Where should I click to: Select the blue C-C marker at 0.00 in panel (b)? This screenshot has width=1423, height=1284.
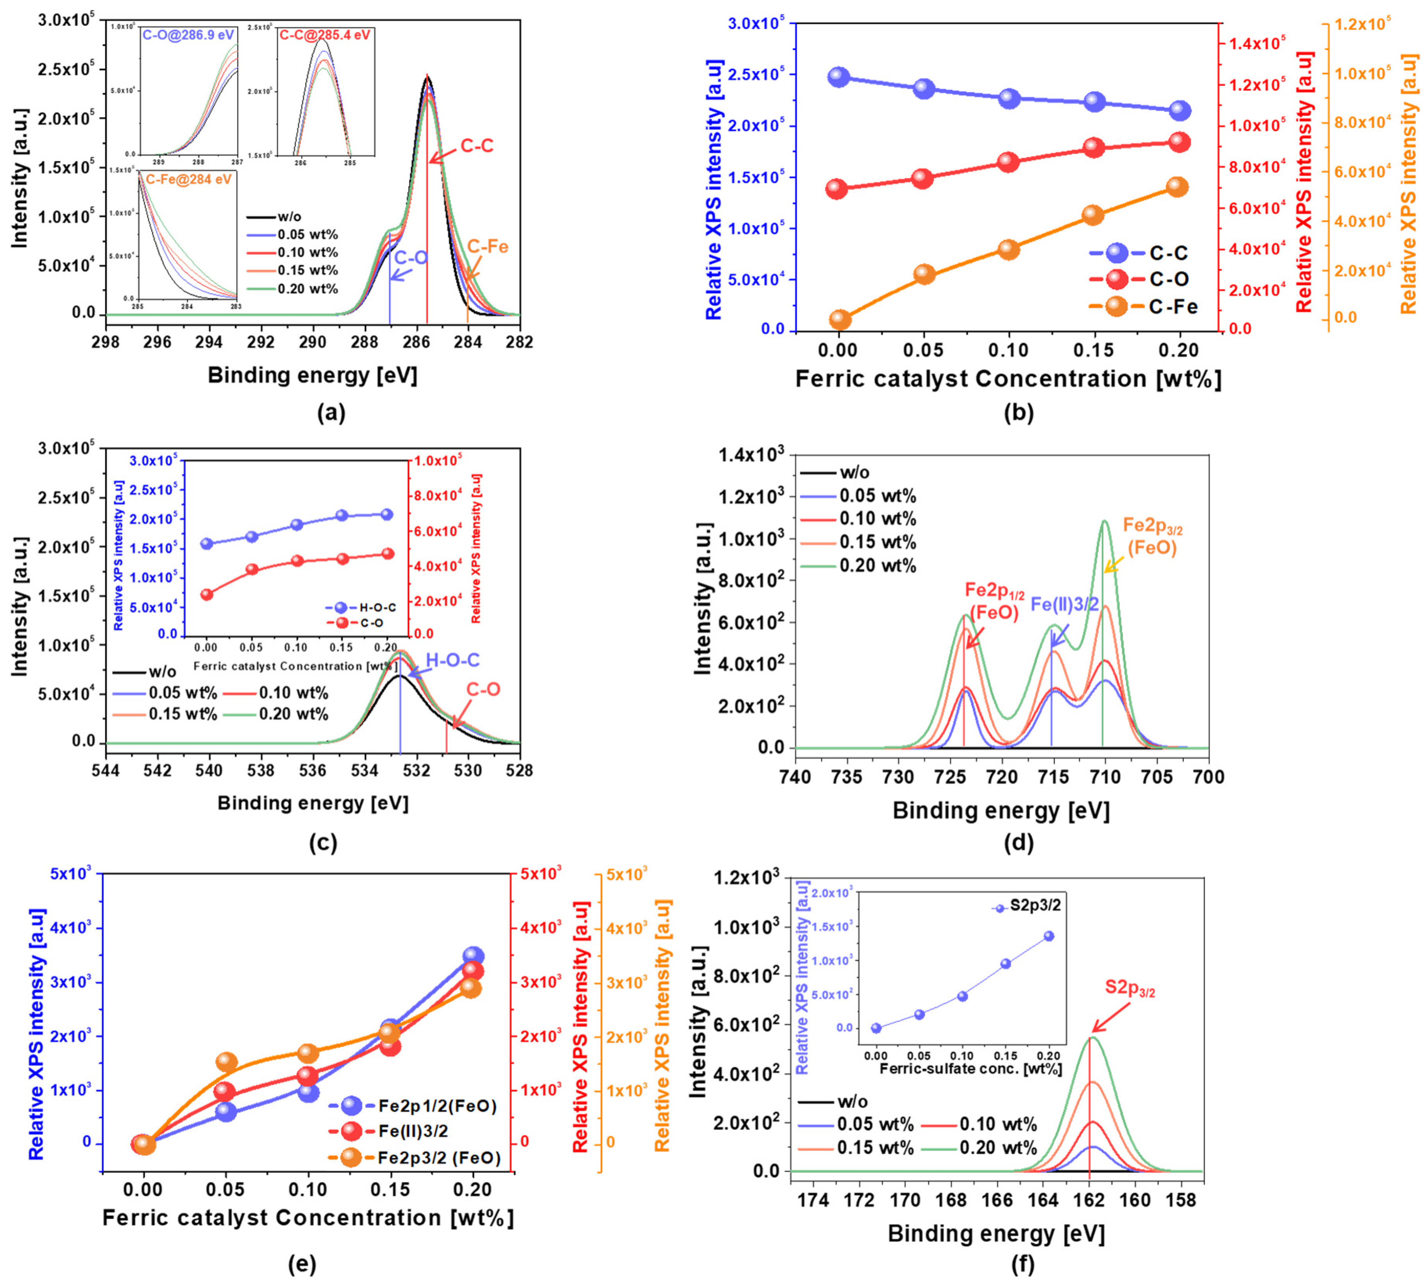[838, 77]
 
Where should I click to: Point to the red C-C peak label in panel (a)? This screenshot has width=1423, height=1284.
[477, 146]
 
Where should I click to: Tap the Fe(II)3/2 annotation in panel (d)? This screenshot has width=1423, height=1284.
[1065, 603]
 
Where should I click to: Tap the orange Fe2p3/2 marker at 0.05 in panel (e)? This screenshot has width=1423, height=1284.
[226, 1062]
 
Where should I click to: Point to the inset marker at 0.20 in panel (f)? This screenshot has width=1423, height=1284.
[1049, 936]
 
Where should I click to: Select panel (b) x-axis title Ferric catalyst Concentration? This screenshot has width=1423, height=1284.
[1009, 379]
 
